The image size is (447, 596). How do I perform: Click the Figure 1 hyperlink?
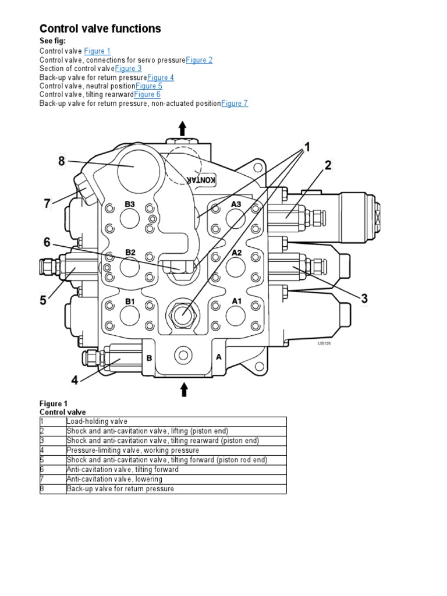[97, 51]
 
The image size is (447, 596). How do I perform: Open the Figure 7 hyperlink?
[235, 104]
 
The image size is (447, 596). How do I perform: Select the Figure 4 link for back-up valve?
[161, 77]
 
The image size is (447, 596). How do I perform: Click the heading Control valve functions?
[100, 29]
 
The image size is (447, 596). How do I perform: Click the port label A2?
[236, 253]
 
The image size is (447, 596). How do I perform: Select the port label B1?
[130, 301]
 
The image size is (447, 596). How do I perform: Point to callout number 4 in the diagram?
[74, 381]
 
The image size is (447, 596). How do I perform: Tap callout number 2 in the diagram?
[328, 166]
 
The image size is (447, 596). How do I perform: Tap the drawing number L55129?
[324, 343]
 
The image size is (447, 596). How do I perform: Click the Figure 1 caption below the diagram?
[54, 403]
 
